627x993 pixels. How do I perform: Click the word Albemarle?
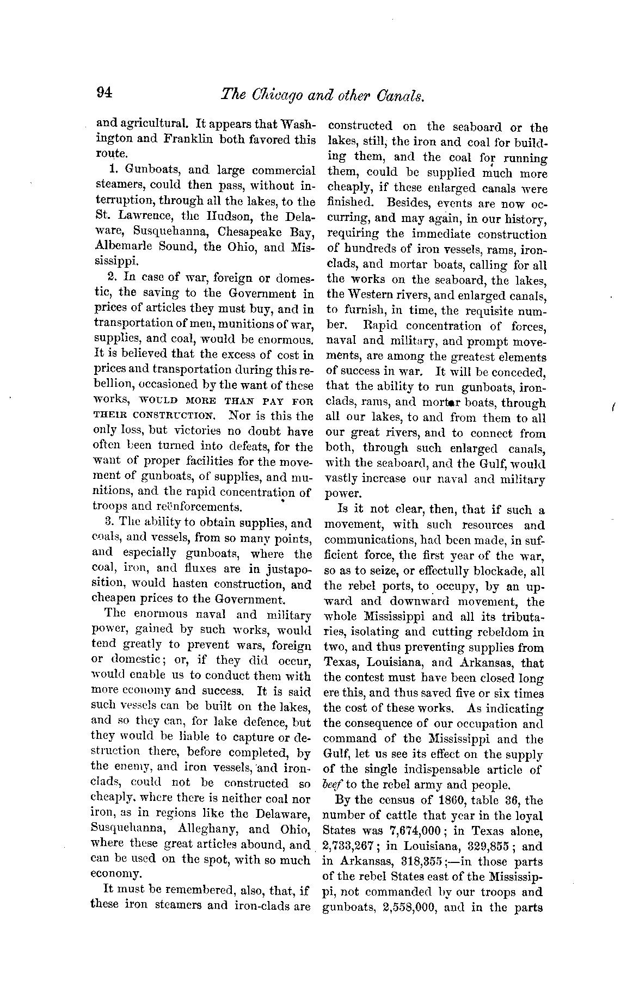coord(124,247)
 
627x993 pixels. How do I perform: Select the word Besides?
coord(405,204)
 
